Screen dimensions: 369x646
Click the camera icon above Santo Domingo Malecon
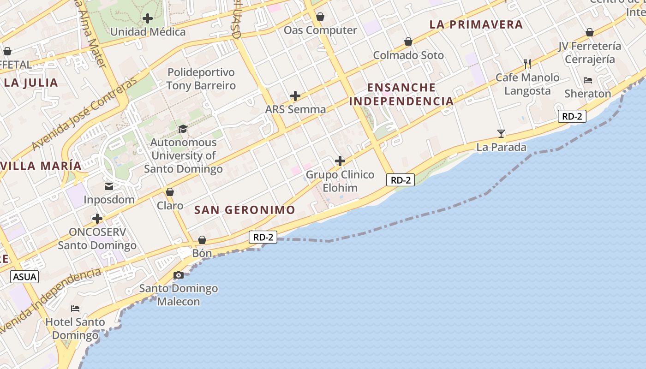[178, 275]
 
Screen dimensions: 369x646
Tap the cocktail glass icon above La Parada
[501, 134]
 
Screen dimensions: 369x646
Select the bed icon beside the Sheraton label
[587, 80]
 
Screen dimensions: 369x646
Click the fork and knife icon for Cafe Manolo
[527, 64]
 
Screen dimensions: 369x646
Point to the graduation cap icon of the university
[183, 129]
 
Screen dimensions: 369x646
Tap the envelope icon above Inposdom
[109, 186]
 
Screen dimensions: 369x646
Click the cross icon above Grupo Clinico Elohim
[340, 161]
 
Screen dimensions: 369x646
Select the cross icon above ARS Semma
[295, 96]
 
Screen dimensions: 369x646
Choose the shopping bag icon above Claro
[170, 192]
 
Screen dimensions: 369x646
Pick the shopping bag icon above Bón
[202, 240]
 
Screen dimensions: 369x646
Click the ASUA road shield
[24, 277]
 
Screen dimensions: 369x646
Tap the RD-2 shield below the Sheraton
[572, 116]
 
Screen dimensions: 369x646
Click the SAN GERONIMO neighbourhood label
[245, 210]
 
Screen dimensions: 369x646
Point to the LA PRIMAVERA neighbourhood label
[476, 24]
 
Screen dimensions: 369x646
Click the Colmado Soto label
[408, 55]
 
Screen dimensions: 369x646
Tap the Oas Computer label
[320, 30]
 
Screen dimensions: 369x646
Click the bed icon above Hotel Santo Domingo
[75, 308]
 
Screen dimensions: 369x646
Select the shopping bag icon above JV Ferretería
[589, 32]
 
